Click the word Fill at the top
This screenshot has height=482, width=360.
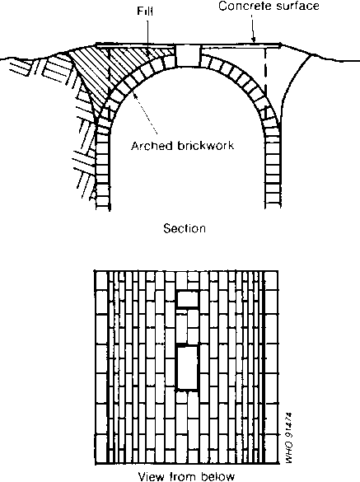tap(145, 12)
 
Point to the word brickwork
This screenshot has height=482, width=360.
tap(206, 145)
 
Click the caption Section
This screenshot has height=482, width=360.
tap(185, 228)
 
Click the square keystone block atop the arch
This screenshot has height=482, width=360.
tap(187, 56)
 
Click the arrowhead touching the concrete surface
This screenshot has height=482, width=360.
tap(253, 40)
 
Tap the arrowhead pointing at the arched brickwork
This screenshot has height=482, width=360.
tap(133, 93)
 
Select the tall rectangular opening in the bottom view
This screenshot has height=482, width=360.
tap(187, 368)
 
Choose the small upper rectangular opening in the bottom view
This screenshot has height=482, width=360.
tap(187, 299)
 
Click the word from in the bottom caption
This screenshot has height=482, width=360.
tap(183, 476)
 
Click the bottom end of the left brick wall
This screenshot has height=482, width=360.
tap(103, 209)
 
